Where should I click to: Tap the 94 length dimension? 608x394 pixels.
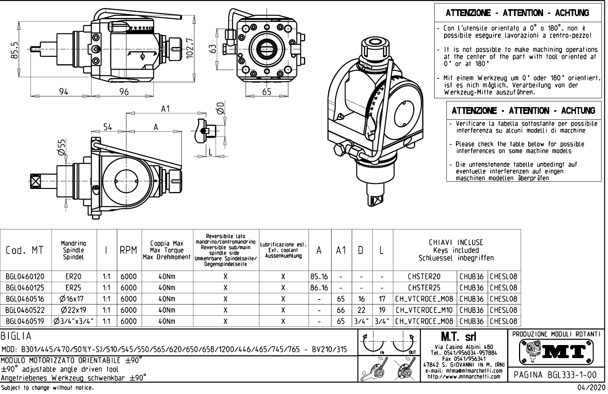63,91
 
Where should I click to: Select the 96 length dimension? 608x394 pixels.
124,91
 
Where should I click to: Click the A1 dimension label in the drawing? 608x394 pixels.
165,109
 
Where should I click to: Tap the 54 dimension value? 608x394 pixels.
108,127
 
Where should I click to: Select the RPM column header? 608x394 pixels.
129,251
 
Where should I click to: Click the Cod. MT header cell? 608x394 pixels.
25,251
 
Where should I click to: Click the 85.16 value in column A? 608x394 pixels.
319,277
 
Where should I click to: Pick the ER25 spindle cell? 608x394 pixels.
73,288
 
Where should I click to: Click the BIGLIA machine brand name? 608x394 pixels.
16,336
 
